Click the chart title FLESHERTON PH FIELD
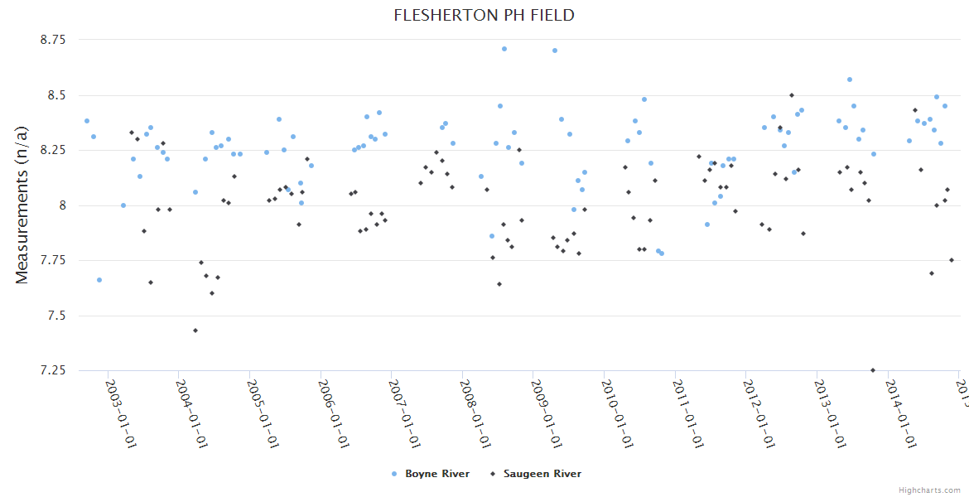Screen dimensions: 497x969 (484, 16)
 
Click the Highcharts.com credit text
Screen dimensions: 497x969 (930, 490)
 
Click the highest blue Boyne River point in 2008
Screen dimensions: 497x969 (504, 49)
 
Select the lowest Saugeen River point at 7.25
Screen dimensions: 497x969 (873, 370)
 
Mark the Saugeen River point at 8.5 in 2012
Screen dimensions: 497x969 (792, 95)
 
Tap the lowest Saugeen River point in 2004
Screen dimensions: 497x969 (195, 331)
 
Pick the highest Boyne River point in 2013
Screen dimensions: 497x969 (850, 80)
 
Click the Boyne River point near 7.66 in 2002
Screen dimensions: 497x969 (99, 280)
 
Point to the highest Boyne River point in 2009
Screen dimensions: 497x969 (555, 51)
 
